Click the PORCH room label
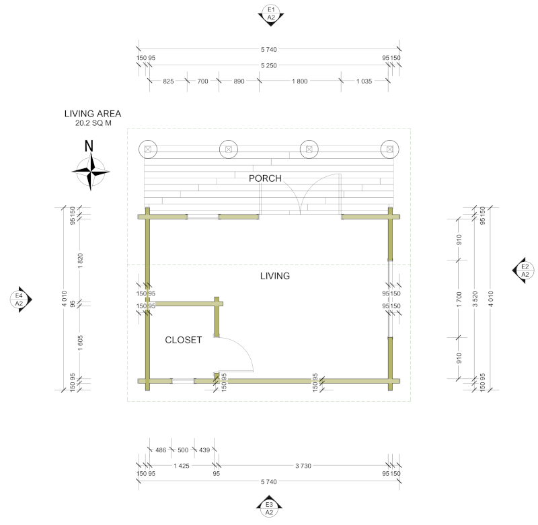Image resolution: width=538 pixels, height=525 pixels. (265, 178)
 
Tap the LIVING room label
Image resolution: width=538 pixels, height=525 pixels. (274, 276)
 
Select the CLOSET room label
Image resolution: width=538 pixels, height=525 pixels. (184, 341)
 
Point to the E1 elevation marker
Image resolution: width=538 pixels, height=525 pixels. (269, 14)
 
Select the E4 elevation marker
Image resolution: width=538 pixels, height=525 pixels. (19, 300)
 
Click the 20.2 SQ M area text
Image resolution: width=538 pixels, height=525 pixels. (93, 124)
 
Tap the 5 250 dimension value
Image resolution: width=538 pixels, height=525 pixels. (269, 65)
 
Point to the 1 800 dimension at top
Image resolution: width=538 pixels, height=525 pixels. (300, 81)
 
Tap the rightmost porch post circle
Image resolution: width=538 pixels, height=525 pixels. (389, 149)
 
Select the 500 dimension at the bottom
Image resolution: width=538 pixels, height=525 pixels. (183, 450)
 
